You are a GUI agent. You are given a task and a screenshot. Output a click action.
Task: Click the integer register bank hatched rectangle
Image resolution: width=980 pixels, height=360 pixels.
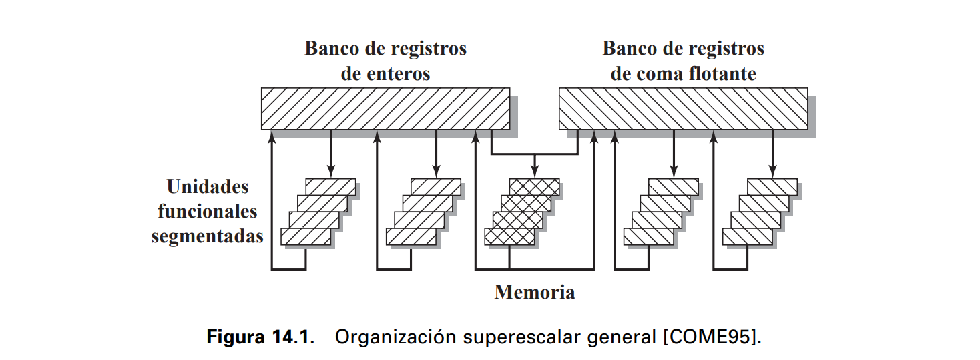[385, 108]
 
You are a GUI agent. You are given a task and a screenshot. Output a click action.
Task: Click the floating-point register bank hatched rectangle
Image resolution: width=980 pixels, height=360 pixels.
[683, 108]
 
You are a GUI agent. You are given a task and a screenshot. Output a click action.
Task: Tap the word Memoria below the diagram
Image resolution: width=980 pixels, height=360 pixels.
[534, 292]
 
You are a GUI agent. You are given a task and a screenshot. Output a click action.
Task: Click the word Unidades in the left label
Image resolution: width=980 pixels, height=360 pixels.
[208, 186]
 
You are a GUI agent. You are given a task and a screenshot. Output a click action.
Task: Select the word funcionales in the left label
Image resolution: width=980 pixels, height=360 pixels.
[207, 212]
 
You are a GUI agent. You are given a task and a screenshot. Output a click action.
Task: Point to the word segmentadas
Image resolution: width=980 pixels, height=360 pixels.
[207, 236]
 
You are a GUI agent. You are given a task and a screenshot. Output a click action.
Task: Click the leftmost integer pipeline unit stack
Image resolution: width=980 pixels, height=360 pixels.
[318, 212]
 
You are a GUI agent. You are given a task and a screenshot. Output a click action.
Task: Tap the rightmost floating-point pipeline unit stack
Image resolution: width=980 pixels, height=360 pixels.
[760, 212]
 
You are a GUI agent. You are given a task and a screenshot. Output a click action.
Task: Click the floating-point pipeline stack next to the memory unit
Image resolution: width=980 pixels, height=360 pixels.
[661, 212]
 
